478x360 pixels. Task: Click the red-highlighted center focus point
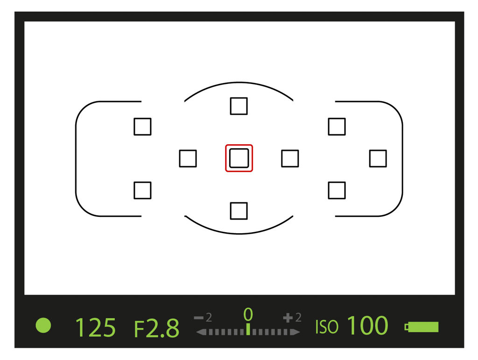pos(239,158)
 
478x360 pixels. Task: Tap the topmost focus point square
pos(239,106)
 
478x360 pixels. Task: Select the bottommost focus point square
pos(239,211)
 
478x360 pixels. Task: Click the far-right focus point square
pos(378,159)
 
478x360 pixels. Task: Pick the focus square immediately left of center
pos(188,159)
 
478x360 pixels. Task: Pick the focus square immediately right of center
pos(290,159)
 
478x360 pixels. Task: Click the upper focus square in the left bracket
pos(142,126)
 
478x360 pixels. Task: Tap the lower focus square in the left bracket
pos(142,190)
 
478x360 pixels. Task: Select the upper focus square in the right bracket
pos(337,126)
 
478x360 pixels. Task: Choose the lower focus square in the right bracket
pos(337,190)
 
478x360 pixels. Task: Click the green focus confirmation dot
pos(43,325)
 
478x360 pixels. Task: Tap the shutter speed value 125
pos(95,327)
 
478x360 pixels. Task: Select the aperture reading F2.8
pos(157,328)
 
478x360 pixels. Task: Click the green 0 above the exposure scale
pos(248,314)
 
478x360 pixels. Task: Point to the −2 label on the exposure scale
pos(203,318)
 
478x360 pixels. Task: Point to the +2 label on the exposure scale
pos(292,318)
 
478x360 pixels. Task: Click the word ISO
pos(326,327)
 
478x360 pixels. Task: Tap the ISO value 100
pos(368,325)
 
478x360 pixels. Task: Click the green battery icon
pos(422,327)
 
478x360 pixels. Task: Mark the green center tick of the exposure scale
pos(248,329)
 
